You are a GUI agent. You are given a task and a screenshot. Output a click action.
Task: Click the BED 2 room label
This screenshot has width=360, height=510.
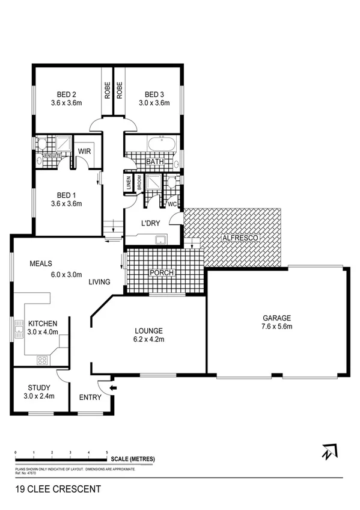coord(66,94)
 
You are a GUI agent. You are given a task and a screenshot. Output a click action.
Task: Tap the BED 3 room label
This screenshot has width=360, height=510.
coord(154,94)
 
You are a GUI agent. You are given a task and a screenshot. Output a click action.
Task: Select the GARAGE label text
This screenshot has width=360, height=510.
coord(276,318)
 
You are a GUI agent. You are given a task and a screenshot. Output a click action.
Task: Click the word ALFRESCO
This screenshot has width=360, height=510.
coord(240,239)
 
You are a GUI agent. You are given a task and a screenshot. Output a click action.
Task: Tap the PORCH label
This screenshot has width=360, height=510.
coord(162,273)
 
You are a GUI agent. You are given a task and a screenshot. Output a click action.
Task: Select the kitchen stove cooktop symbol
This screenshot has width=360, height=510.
coord(43,360)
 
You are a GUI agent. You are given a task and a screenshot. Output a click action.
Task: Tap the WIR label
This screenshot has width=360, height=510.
coord(84,151)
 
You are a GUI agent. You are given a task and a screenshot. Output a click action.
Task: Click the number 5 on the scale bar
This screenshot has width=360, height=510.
coord(107,451)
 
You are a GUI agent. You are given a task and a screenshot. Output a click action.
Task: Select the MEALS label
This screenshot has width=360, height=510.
coord(41,263)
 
